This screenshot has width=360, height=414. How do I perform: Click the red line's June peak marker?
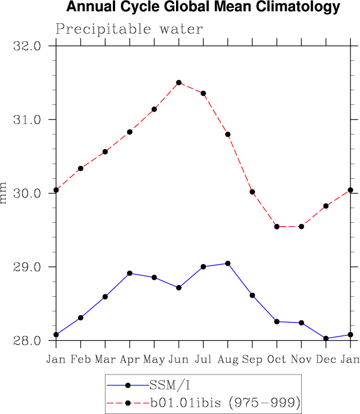click(179, 82)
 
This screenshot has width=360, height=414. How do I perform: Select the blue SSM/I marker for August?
click(228, 263)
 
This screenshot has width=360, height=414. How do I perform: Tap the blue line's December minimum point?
click(326, 338)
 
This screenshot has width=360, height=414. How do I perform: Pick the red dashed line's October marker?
click(276, 227)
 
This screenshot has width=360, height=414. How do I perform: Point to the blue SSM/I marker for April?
click(130, 273)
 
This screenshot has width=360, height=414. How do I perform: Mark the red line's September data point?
click(252, 192)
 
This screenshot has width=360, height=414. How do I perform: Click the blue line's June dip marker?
click(179, 288)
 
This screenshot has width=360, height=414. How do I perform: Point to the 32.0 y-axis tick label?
click(27, 46)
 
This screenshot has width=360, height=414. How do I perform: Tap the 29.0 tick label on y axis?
click(27, 267)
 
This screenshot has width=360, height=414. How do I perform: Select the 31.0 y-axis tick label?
click(27, 120)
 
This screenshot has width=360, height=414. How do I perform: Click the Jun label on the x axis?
click(179, 359)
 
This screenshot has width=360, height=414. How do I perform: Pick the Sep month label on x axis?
click(252, 359)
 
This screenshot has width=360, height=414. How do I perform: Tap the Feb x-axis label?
click(81, 359)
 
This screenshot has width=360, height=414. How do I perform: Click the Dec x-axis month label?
click(326, 359)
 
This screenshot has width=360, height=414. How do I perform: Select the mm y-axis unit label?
click(5, 193)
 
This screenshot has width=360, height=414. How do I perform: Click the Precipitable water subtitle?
click(129, 29)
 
